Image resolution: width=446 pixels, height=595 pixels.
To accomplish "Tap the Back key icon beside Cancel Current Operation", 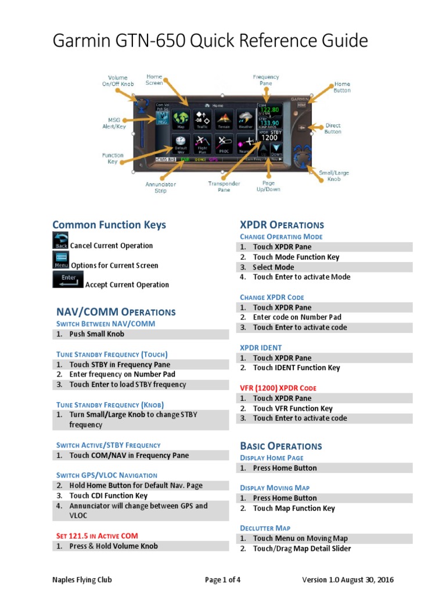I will [60, 241].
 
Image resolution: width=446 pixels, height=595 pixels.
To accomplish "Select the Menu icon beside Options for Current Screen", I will [60, 260].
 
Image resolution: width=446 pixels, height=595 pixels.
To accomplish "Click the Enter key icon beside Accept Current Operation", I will [68, 279].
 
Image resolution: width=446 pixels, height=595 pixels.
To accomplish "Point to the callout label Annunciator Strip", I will [161, 188].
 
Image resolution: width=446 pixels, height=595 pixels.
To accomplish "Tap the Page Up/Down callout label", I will [268, 186].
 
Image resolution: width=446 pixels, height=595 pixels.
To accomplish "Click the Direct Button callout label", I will [333, 128].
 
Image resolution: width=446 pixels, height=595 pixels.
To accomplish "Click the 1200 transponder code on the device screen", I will [269, 138].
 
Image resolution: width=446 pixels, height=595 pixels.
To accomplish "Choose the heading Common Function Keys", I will [109, 225].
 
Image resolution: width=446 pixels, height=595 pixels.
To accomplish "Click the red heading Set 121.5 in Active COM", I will [97, 536].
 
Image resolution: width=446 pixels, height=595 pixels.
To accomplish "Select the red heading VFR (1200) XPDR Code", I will [278, 388].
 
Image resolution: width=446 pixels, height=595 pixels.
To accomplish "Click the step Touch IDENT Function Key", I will [296, 368].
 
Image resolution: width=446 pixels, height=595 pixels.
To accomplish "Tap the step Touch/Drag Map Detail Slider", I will [302, 549].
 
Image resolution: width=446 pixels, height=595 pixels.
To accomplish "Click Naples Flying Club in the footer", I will [82, 580].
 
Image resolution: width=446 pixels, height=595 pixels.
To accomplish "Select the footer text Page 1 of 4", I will [222, 580].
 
